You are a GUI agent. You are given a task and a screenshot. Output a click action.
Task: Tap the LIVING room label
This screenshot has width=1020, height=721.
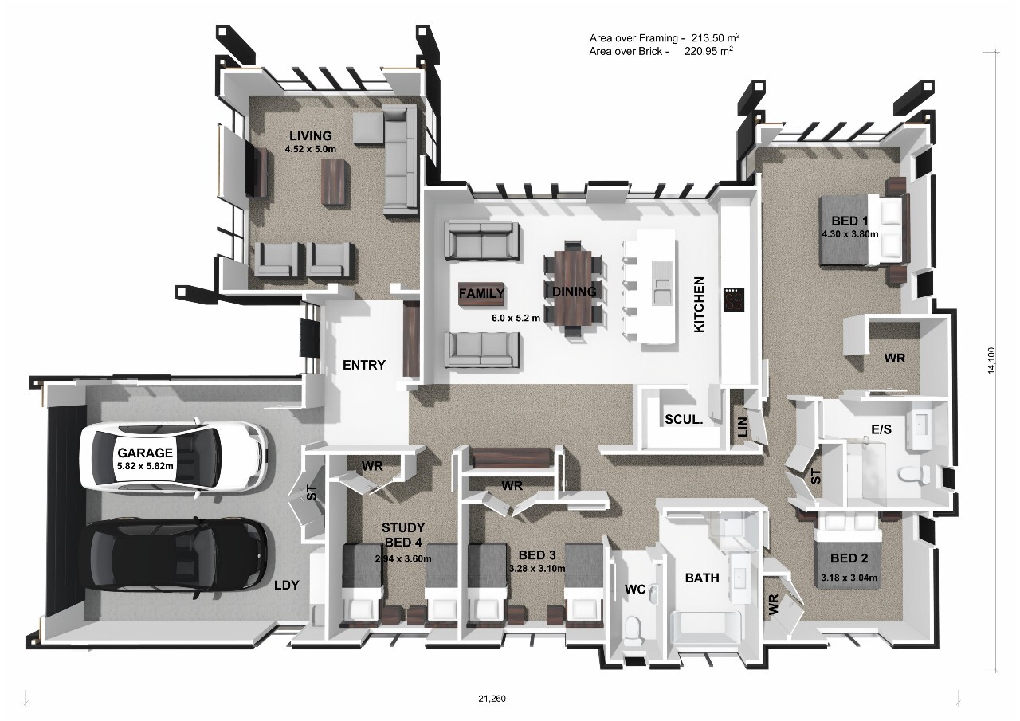click(x=310, y=136)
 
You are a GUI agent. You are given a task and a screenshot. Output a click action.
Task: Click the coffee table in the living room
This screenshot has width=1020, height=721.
click(x=335, y=182)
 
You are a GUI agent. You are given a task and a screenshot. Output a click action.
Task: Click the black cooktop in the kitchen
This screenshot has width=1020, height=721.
click(x=733, y=300)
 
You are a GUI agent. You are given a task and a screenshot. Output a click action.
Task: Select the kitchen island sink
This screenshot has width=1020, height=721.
click(x=661, y=283)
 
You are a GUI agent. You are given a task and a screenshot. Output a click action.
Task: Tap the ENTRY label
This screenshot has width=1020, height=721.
click(x=363, y=365)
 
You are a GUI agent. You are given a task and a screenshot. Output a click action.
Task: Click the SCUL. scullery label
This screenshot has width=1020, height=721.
click(x=683, y=419)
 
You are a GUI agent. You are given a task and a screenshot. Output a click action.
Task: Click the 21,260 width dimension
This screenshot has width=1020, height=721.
click(x=492, y=699)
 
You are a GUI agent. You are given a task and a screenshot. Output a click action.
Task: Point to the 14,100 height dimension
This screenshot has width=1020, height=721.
click(x=991, y=360)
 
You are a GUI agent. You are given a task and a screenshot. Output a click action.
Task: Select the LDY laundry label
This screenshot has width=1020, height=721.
click(x=286, y=585)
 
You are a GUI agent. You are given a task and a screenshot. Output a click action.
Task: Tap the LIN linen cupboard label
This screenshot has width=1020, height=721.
click(x=743, y=429)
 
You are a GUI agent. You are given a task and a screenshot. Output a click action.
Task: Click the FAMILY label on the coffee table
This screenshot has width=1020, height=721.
click(x=481, y=293)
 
